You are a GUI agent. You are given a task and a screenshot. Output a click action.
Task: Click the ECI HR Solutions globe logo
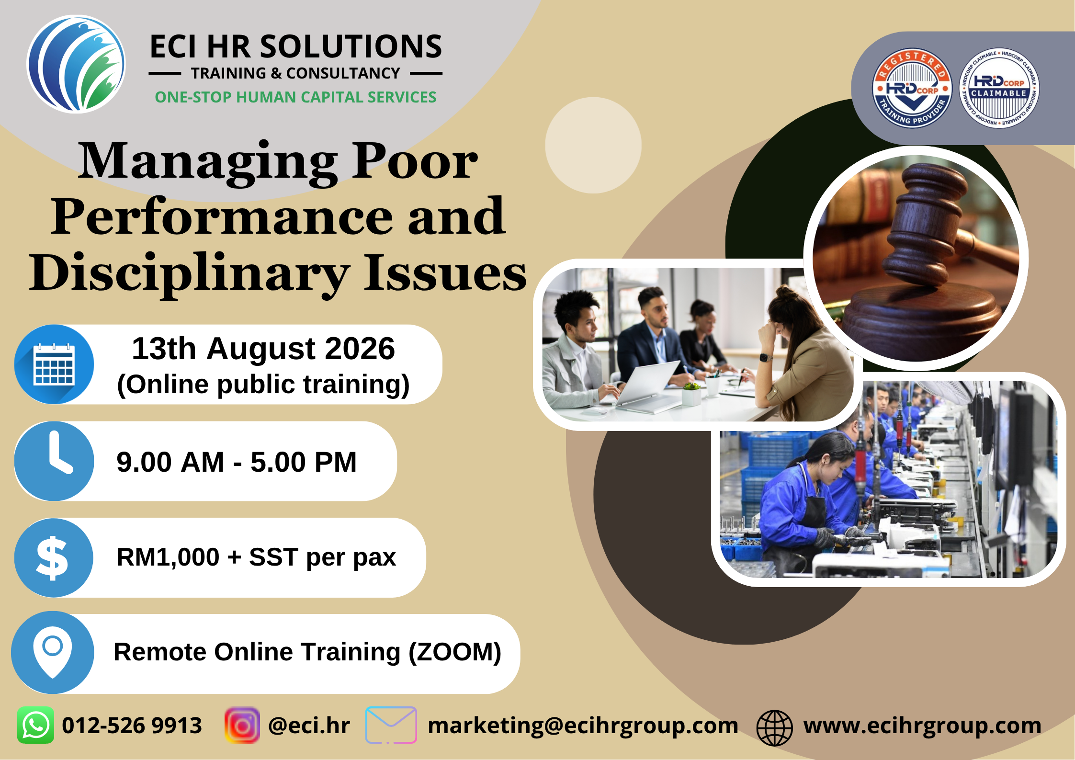[x=76, y=64]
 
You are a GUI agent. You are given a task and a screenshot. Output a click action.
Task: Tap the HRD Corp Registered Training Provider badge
[x=912, y=89]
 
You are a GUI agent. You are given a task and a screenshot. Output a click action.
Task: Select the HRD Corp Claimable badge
[x=999, y=89]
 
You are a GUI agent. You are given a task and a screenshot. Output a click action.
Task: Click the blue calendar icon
[x=54, y=364]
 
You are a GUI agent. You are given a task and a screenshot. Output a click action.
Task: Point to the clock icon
[x=54, y=461]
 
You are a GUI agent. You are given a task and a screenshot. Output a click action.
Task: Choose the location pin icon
[x=53, y=652]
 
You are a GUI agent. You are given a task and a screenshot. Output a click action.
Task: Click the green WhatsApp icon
[x=35, y=725]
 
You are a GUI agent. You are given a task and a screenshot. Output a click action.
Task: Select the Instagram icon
[x=242, y=725]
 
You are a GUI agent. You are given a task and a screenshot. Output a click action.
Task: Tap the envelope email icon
[x=391, y=725]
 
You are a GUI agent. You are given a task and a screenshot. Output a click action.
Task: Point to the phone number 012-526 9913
[x=132, y=726]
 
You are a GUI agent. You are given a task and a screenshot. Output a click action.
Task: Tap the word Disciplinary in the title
[x=190, y=273]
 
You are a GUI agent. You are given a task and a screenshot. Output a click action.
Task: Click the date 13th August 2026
[x=263, y=348]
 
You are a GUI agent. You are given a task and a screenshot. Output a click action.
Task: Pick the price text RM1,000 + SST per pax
[x=256, y=557]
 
